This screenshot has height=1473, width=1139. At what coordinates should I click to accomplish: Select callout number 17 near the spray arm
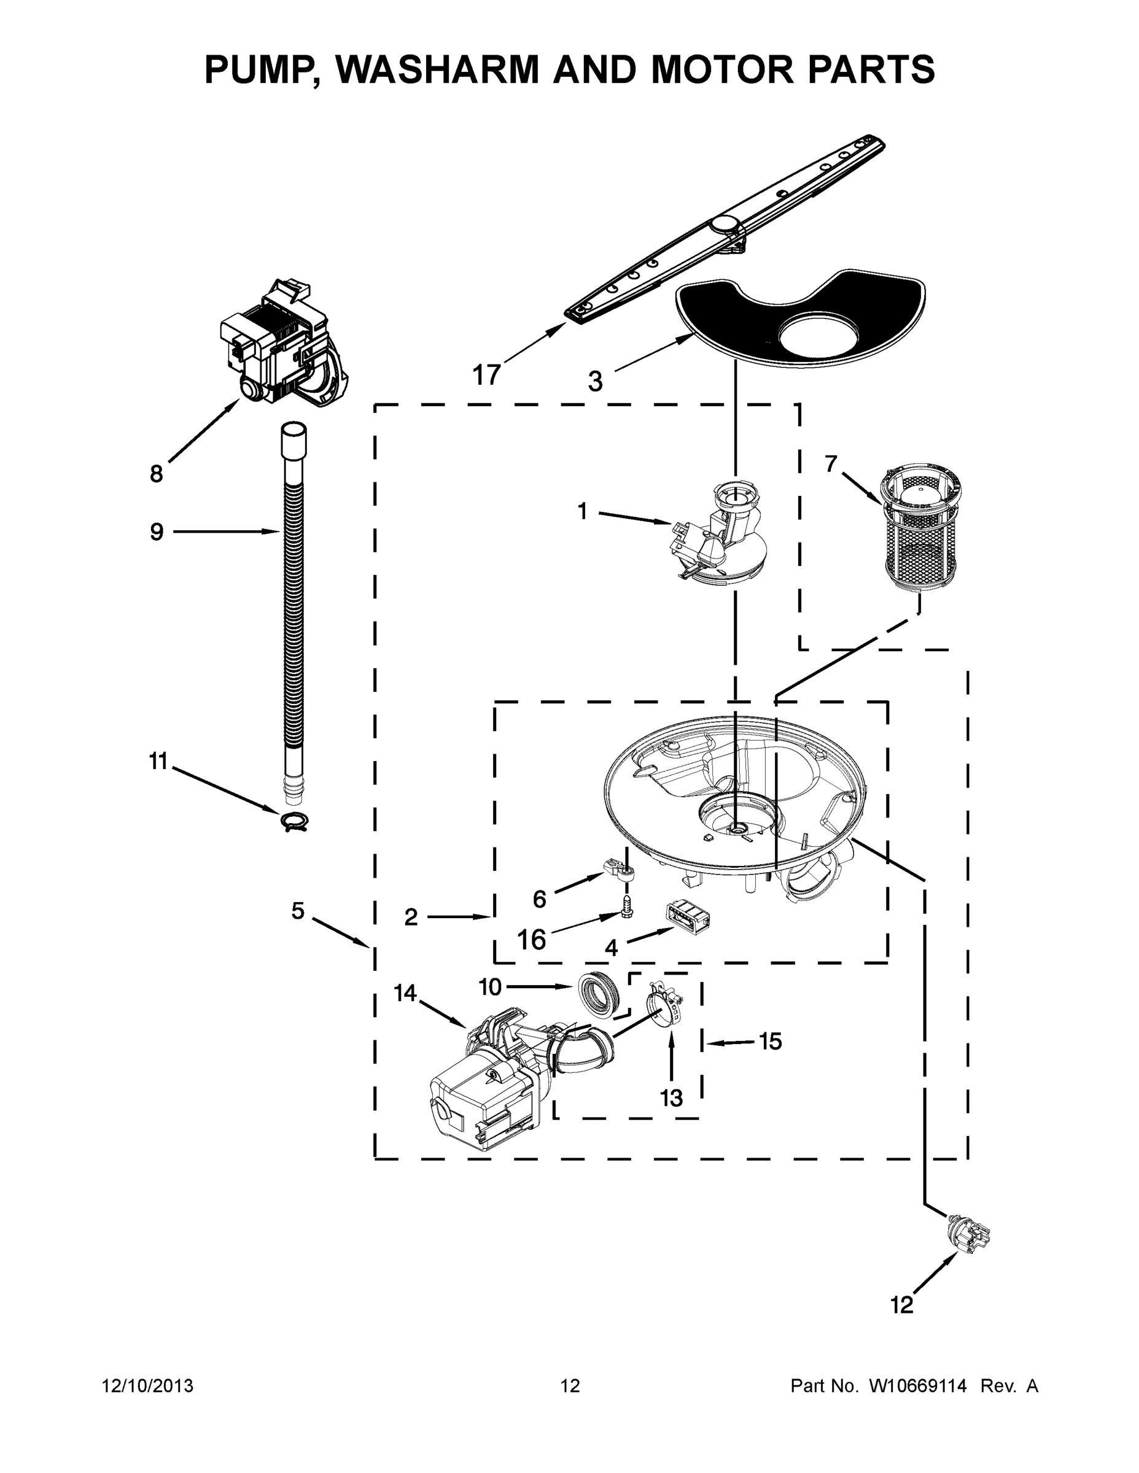click(x=486, y=374)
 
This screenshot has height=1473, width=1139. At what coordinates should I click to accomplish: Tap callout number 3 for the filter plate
click(x=594, y=382)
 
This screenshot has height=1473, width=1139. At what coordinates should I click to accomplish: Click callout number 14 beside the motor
click(x=405, y=993)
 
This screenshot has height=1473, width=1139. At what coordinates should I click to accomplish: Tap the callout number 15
click(x=771, y=1042)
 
